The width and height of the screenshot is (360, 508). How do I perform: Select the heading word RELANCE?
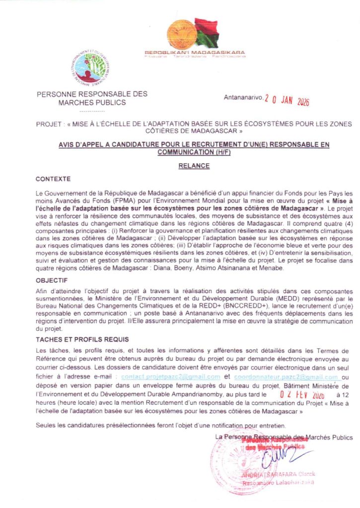(x=194, y=167)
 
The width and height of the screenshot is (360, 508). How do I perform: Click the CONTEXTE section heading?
(x=54, y=179)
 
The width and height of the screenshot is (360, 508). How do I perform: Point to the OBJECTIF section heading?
(x=52, y=280)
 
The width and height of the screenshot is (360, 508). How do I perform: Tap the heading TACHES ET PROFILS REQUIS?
(x=82, y=339)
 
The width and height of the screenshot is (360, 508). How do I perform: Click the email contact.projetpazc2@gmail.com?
(x=170, y=377)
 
